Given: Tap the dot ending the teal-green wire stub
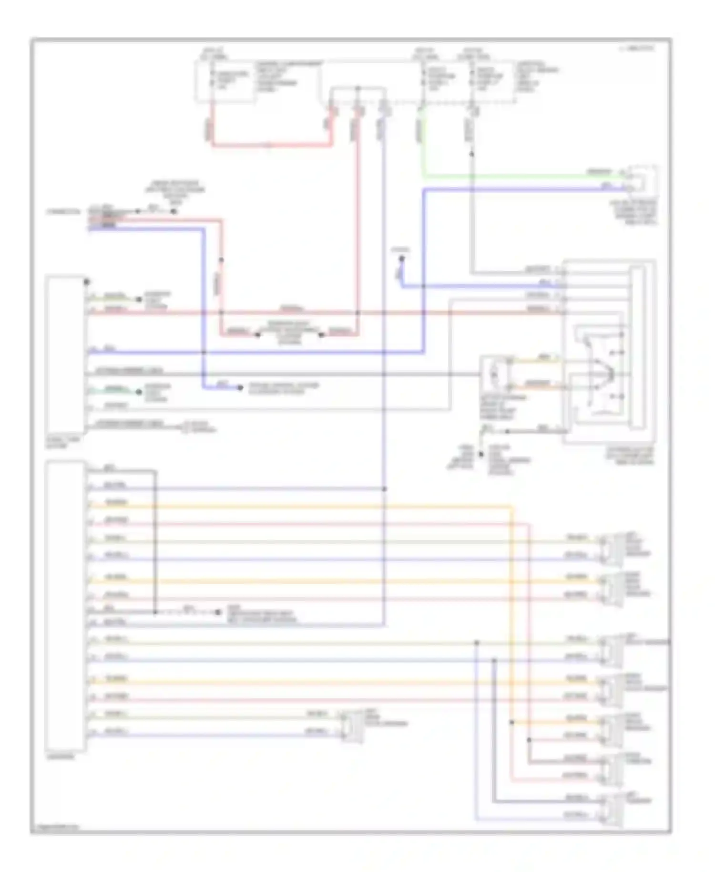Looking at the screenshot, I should tap(139, 392).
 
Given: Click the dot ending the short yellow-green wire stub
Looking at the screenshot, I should tap(139, 300).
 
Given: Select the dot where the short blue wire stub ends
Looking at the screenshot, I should tap(240, 388).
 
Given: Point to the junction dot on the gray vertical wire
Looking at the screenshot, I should tap(472, 154).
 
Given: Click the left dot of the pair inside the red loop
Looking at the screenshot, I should tap(257, 335).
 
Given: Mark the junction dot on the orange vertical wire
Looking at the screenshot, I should tap(512, 723).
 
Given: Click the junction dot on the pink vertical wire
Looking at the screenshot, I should tap(529, 740).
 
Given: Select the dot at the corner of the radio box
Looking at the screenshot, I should tap(86, 282).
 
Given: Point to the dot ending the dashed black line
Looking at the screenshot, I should tap(217, 612).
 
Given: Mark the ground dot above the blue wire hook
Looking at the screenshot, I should tap(401, 259).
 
